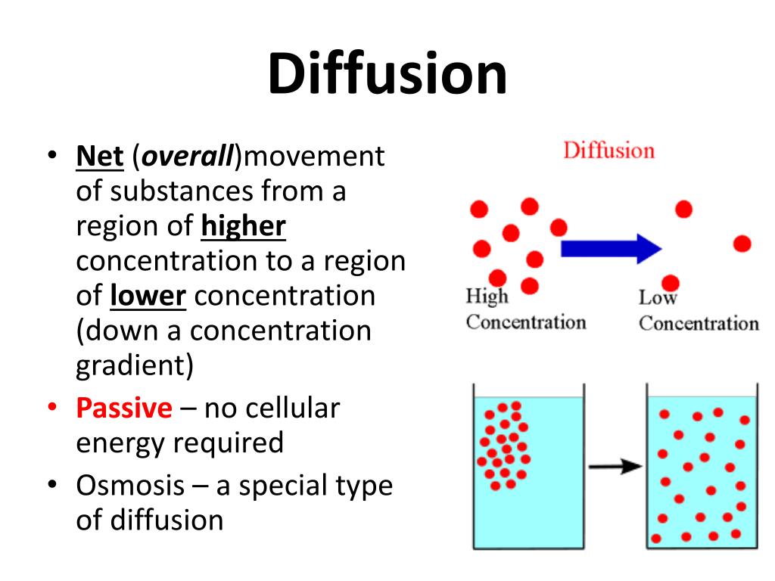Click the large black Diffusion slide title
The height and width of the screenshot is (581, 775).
click(387, 74)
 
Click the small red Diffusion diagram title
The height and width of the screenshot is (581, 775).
click(608, 150)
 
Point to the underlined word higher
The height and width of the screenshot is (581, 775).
click(244, 226)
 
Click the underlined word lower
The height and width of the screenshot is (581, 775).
click(148, 295)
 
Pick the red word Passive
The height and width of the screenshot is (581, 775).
click(124, 409)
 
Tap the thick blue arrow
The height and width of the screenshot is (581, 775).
click(611, 247)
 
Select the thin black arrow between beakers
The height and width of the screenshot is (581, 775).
click(615, 467)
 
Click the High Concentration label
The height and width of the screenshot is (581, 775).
click(525, 310)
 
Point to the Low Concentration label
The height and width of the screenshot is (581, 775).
click(698, 311)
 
